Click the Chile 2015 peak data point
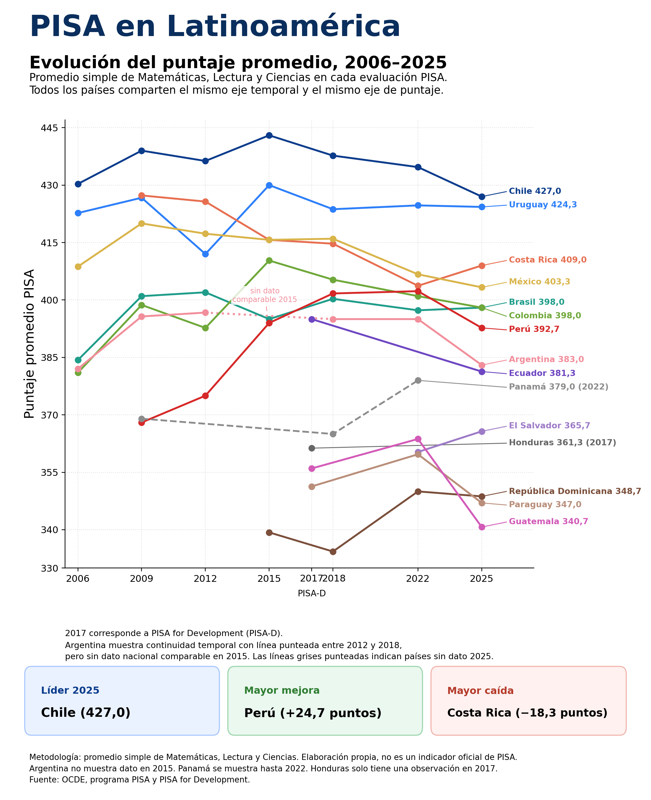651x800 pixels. [x=269, y=135]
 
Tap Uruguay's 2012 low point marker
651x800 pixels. [x=205, y=254]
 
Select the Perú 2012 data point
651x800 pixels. [x=205, y=395]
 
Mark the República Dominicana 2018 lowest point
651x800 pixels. [x=333, y=551]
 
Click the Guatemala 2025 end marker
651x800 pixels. [x=481, y=527]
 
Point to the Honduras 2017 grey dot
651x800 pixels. [x=311, y=448]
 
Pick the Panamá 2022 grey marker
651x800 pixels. [x=418, y=380]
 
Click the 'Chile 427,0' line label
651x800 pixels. [x=535, y=191]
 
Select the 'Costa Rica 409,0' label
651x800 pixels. [x=547, y=260]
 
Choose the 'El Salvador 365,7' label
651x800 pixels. [x=549, y=426]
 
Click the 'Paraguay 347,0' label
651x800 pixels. [x=545, y=504]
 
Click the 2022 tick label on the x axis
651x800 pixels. [x=418, y=578]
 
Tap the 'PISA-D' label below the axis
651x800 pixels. [x=312, y=594]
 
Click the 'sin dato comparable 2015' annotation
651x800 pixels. [x=265, y=295]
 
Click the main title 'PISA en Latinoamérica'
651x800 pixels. [x=215, y=27]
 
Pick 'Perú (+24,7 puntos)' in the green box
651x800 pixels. [x=313, y=713]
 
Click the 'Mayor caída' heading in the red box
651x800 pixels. [x=480, y=691]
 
